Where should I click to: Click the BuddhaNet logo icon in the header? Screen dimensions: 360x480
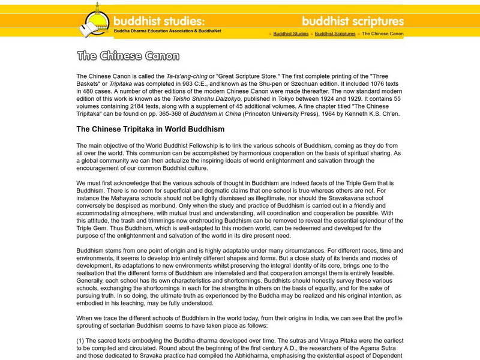[x=92, y=21]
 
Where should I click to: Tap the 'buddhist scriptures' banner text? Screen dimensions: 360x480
[x=353, y=21]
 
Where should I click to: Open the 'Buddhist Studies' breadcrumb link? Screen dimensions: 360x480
[x=291, y=34]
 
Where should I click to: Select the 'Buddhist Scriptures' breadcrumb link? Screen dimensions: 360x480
[x=335, y=34]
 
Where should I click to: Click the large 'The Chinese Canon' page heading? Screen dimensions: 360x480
[x=128, y=56]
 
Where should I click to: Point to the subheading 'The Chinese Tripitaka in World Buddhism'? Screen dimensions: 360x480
[x=150, y=129]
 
